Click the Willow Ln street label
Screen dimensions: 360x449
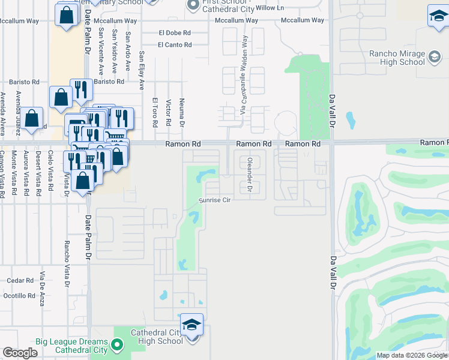click(x=270, y=8)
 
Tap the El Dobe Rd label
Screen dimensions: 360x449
click(x=175, y=33)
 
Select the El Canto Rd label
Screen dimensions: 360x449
click(x=175, y=45)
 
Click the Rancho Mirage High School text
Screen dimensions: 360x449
click(x=397, y=58)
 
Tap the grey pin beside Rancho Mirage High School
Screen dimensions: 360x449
click(x=434, y=58)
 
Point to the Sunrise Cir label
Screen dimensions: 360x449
click(x=215, y=200)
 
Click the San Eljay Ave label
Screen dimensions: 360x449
click(x=142, y=70)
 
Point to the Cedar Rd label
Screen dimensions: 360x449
click(x=20, y=280)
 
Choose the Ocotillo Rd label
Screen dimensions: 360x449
click(x=19, y=296)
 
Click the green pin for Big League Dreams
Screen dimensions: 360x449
click(x=118, y=345)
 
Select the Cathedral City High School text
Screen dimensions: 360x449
click(x=157, y=337)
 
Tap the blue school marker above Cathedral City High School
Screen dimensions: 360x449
click(x=191, y=325)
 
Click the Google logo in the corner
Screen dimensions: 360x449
click(x=20, y=353)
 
